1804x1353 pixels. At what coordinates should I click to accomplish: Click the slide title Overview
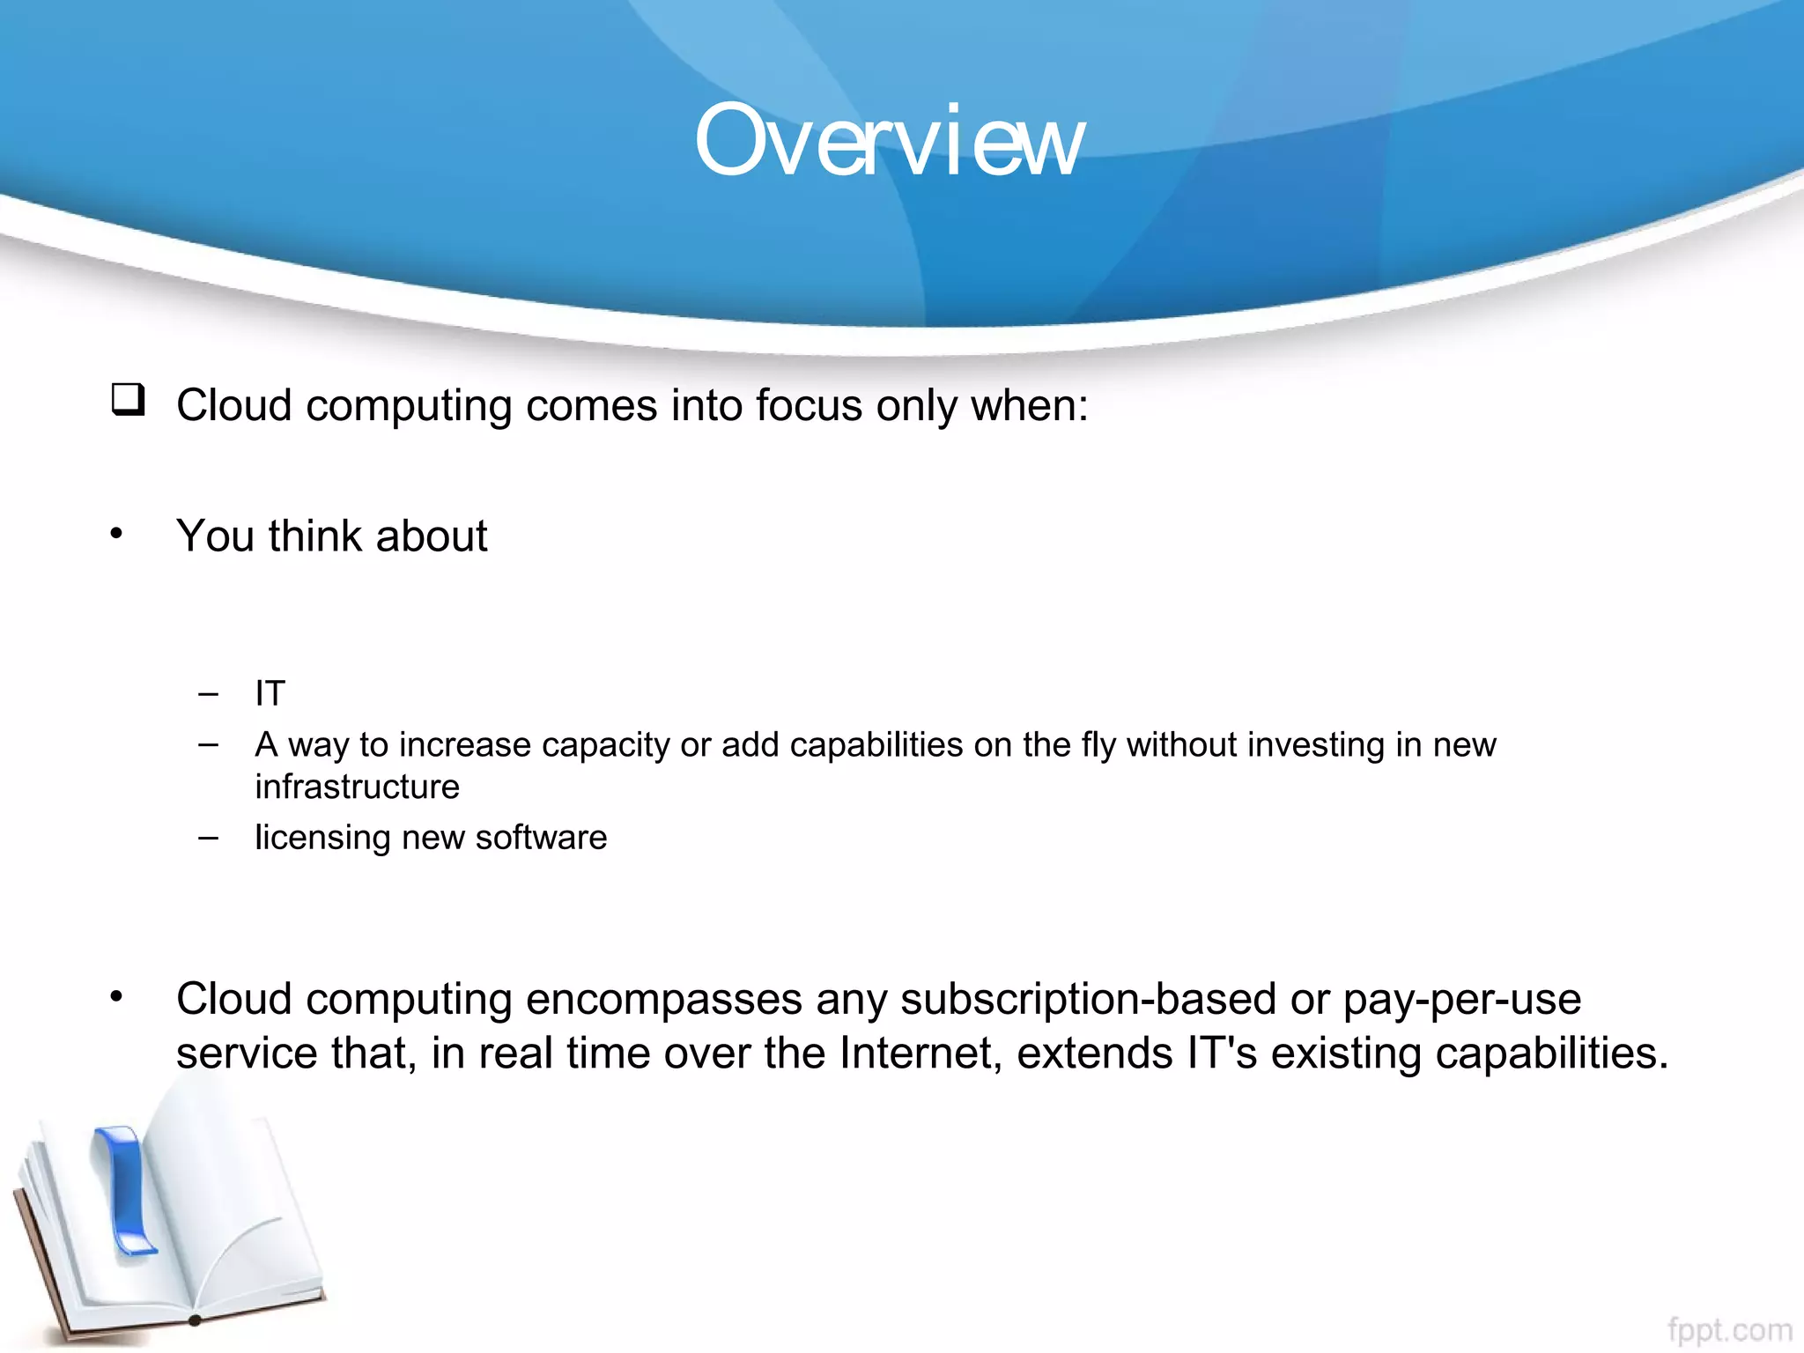pyautogui.click(x=890, y=141)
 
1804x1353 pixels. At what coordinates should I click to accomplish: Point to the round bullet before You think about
pyautogui.click(x=116, y=533)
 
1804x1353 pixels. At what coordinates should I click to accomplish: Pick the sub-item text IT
pyautogui.click(x=270, y=694)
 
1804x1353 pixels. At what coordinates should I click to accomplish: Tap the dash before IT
pyautogui.click(x=208, y=694)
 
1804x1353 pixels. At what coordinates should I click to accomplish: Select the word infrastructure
pyautogui.click(x=357, y=787)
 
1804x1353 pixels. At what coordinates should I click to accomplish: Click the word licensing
pyautogui.click(x=322, y=838)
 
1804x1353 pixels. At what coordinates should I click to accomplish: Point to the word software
pyautogui.click(x=541, y=838)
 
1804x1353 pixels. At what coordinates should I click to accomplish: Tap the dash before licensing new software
pyautogui.click(x=208, y=838)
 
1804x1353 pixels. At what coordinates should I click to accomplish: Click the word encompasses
pyautogui.click(x=664, y=999)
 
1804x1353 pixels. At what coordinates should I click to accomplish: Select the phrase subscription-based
pyautogui.click(x=1088, y=999)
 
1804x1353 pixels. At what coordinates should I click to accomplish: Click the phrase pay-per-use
pyautogui.click(x=1462, y=999)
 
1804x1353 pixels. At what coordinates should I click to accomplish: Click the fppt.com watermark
pyautogui.click(x=1729, y=1329)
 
